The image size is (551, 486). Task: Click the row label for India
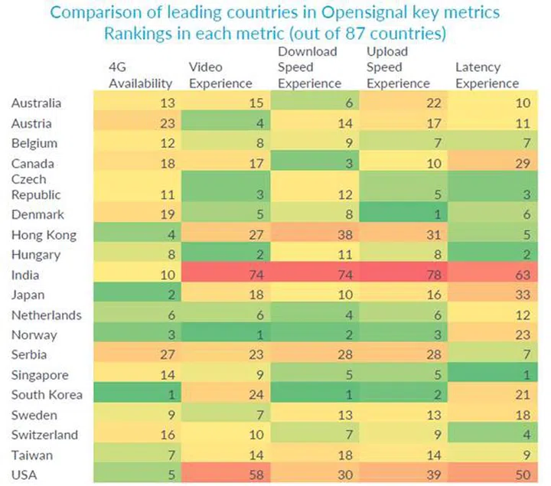pos(27,274)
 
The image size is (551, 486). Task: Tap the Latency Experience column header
pos(487,75)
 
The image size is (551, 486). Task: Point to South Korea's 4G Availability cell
pos(138,393)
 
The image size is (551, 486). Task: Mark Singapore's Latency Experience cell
pos(490,373)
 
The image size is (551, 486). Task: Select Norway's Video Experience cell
pos(227,334)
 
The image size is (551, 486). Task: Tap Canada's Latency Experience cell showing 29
pos(490,163)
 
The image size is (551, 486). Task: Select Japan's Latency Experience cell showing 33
pos(490,294)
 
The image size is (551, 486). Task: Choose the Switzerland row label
pos(44,433)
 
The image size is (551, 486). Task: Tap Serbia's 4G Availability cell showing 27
pos(138,354)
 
